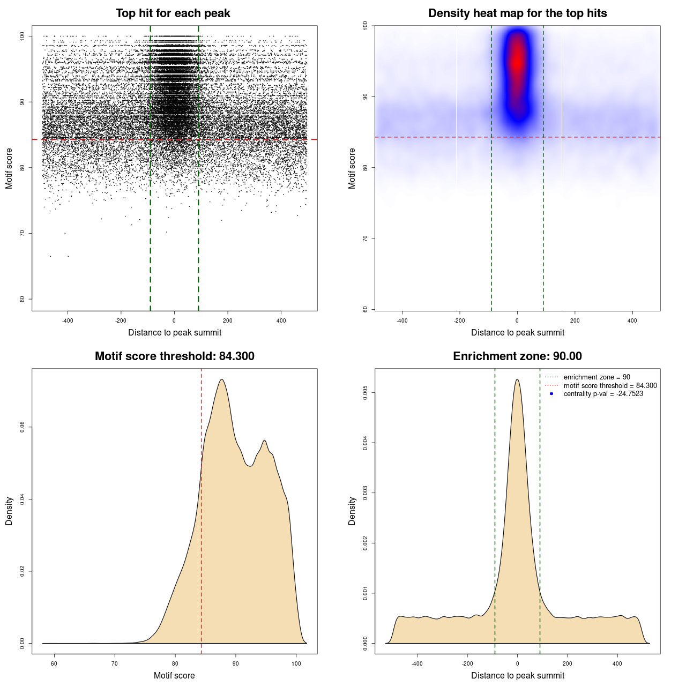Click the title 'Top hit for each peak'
coord(173,13)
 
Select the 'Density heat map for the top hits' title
coord(517,13)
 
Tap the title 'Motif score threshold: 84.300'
coord(174,356)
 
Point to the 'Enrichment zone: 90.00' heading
coord(517,356)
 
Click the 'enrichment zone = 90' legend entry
coord(596,377)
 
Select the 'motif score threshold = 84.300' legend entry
coord(610,386)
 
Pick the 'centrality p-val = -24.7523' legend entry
coord(603,394)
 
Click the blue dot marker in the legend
coord(551,394)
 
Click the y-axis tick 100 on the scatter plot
coord(23,36)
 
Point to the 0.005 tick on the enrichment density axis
coord(366,393)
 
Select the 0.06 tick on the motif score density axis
coord(23,427)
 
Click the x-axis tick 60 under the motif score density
coord(54,663)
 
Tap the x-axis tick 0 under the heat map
coord(517,320)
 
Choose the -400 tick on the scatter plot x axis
coord(68,320)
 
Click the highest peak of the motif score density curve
coord(221,379)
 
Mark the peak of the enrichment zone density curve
coord(517,379)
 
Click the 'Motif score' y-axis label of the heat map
coord(352,168)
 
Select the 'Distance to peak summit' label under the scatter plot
coord(175,333)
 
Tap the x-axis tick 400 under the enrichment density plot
coord(617,663)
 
